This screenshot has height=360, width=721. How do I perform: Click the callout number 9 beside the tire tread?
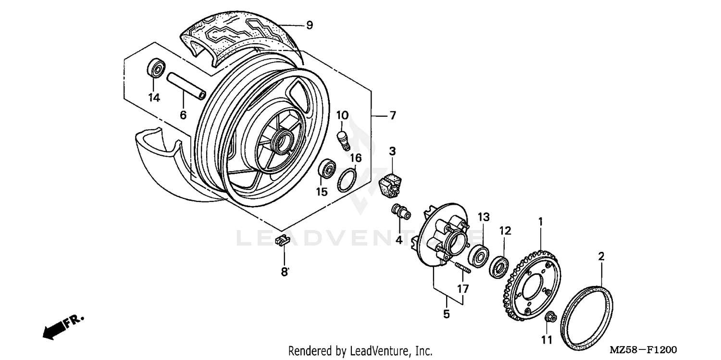(x=309, y=25)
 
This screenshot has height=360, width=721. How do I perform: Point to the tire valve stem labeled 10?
(x=343, y=138)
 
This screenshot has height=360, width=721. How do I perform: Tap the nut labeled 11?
(x=551, y=317)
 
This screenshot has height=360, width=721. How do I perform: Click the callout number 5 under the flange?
(x=446, y=314)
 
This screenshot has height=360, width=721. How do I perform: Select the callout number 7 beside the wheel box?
(x=392, y=116)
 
